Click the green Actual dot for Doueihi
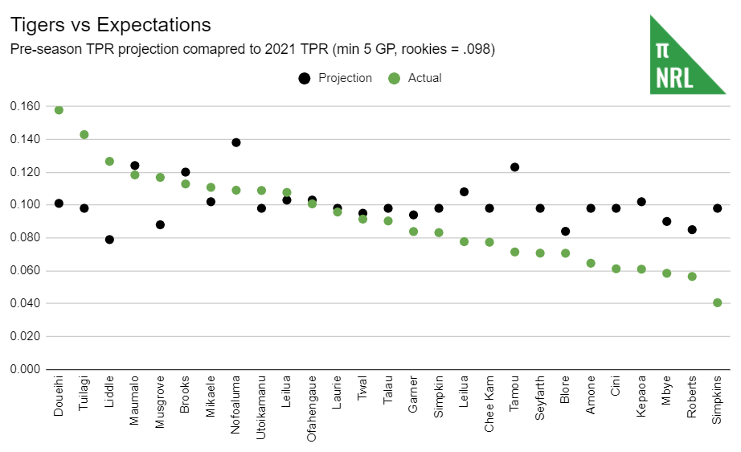(x=59, y=110)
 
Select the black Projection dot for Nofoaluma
(x=236, y=142)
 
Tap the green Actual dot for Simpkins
(x=717, y=303)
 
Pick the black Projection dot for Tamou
(x=514, y=167)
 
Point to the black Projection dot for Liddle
(x=109, y=240)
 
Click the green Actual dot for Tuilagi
(x=84, y=135)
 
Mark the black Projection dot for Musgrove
(x=160, y=224)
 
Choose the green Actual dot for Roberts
(x=692, y=277)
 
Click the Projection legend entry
(x=336, y=78)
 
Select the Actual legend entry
(x=416, y=78)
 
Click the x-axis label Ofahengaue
(x=312, y=406)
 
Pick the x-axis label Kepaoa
(x=641, y=396)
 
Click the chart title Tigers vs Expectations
(x=110, y=26)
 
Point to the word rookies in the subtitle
(x=376, y=50)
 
